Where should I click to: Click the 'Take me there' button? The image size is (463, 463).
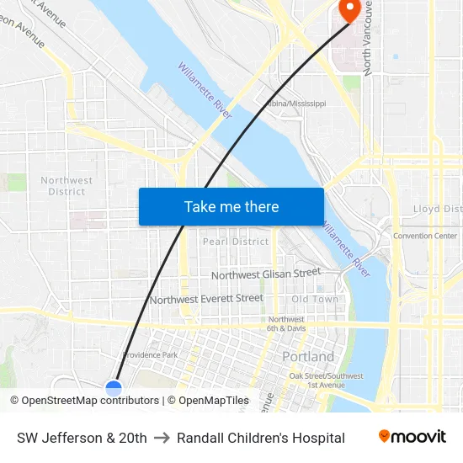pos(231,206)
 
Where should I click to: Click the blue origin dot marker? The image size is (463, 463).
pos(114,388)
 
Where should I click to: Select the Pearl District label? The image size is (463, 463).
pos(236,242)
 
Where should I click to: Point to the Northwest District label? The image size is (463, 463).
pos(67,186)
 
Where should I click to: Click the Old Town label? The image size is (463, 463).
pos(315,299)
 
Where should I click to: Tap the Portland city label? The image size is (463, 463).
pos(308,356)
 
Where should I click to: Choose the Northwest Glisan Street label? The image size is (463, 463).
pos(266,274)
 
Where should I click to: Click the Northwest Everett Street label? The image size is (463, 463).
pos(206,299)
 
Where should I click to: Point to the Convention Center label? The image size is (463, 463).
pos(425,236)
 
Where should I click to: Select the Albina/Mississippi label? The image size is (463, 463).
pos(295,104)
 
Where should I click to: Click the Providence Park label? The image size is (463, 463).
pos(150,355)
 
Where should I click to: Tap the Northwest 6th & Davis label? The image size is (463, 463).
pos(287,324)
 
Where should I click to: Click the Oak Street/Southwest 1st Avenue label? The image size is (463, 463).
pos(326,381)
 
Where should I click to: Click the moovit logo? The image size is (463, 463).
pos(412,437)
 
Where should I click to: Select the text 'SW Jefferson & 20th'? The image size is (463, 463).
pos(82,438)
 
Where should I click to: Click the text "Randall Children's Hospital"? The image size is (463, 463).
pos(261,438)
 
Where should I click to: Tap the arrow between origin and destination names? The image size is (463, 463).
pos(162,438)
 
